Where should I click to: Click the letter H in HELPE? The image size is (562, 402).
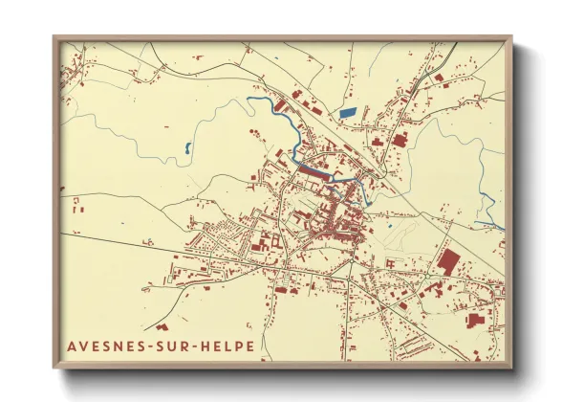point(211,346)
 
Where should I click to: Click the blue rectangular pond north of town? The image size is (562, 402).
point(347,113)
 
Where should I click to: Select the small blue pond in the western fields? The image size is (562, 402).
point(187,148)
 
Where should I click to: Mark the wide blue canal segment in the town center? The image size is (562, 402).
point(315,169)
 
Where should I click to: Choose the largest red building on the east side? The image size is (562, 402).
point(446,259)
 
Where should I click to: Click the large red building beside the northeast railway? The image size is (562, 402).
point(399,140)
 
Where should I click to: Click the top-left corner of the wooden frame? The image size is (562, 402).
point(54,37)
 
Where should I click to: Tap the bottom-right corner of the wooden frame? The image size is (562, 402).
point(511,368)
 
